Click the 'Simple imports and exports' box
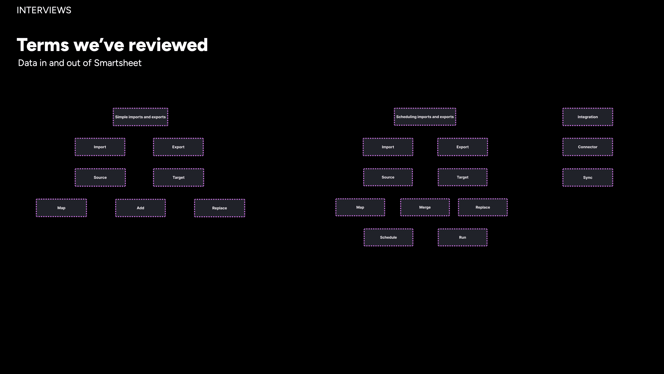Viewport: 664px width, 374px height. point(140,117)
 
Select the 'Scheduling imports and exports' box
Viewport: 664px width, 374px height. point(425,117)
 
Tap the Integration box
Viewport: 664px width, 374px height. point(588,117)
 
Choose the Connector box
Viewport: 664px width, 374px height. point(588,147)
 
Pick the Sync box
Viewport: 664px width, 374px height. point(588,177)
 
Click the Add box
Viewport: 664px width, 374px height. point(140,208)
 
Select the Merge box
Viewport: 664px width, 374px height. point(425,207)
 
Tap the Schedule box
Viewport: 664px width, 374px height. point(388,237)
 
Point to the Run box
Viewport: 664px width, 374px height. point(462,237)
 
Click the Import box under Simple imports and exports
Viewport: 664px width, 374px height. point(100,147)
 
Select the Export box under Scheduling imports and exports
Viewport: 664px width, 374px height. point(462,147)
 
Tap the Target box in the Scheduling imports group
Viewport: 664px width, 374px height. point(462,177)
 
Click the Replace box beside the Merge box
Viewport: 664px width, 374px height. point(483,207)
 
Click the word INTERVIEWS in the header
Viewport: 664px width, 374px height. point(44,10)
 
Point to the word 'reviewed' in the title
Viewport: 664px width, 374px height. point(168,45)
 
